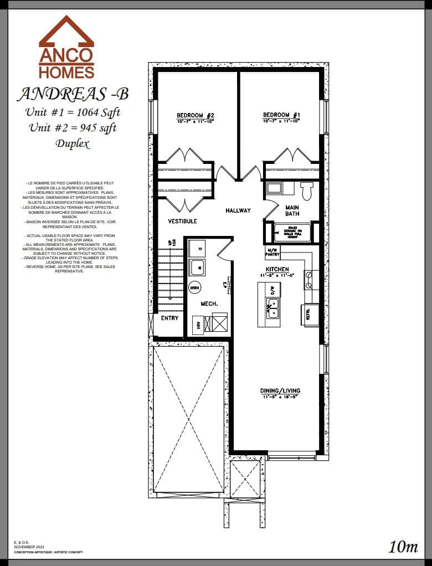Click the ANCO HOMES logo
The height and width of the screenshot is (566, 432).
(x=66, y=48)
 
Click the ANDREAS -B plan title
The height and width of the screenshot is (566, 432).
(x=73, y=94)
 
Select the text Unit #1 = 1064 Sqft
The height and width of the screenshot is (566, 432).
(x=73, y=112)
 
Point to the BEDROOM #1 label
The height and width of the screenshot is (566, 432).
(x=281, y=115)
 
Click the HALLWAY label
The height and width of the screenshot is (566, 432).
(x=238, y=210)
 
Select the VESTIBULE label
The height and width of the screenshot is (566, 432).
(x=182, y=222)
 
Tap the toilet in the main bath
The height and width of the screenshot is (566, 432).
(x=306, y=191)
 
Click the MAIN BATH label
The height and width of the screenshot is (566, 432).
(x=292, y=211)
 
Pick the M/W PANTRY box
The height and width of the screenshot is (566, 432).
(x=273, y=253)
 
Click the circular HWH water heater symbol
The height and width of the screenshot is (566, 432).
(x=194, y=287)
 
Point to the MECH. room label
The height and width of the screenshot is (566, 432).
(x=209, y=303)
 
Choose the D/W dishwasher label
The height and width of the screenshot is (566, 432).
(x=272, y=289)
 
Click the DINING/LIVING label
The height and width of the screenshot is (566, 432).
(x=280, y=391)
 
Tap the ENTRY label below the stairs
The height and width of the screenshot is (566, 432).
(x=169, y=318)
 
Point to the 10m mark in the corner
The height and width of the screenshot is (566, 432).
(x=403, y=547)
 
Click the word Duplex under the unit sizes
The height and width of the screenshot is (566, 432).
(x=72, y=144)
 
